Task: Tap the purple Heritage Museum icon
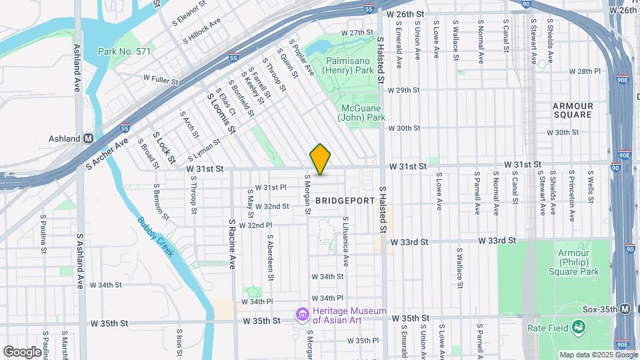(302, 314)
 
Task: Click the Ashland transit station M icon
(87, 139)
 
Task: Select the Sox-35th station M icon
(625, 309)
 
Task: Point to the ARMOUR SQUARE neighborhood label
(573, 110)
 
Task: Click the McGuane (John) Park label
(363, 113)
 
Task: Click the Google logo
(22, 351)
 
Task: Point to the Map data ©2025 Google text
(598, 355)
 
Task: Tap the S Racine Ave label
(232, 243)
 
